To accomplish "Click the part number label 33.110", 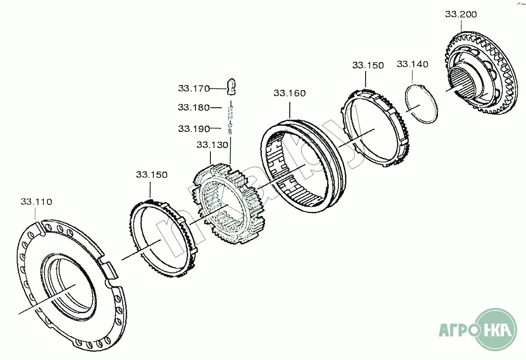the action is [36, 202].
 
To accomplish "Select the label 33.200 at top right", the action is [461, 14].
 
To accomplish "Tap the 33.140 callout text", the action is [412, 64].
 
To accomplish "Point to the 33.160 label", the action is [290, 93].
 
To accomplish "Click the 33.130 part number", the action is [212, 145].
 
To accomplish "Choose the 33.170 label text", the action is [194, 88].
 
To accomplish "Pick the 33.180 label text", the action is [194, 107].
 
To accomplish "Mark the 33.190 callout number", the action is [194, 129].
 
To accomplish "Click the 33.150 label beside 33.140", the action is [368, 65].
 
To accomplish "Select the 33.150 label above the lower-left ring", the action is [152, 175].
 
